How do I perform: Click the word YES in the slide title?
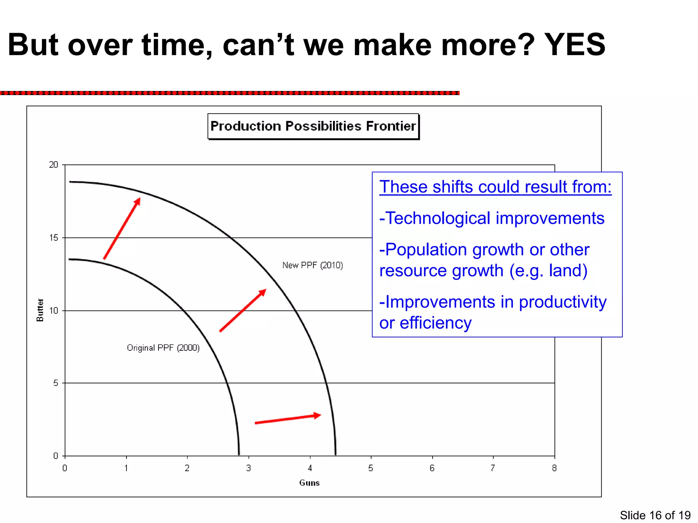pos(575,45)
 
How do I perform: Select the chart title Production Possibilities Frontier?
pos(313,126)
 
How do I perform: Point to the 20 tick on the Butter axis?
pos(54,165)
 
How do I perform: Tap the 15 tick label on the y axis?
pos(54,238)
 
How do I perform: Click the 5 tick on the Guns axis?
pos(371,468)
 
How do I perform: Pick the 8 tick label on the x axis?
pos(554,468)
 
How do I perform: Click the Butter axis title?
pos(40,310)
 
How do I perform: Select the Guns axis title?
pos(309,483)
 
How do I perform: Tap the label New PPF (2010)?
pos(313,265)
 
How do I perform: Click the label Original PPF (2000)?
pos(163,348)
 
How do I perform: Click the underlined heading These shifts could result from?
pos(495,187)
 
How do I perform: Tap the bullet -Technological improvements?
pos(492,218)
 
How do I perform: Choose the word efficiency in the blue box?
pos(436,323)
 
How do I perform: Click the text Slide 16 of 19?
pos(655,515)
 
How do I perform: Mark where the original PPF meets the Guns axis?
pos(239,455)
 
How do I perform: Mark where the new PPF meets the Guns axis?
pos(336,455)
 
